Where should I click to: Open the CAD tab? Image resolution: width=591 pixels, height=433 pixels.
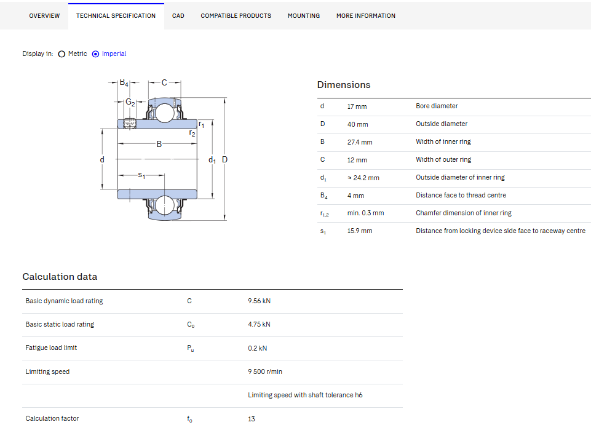[x=178, y=16]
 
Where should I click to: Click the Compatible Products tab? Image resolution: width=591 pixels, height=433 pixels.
[x=236, y=16]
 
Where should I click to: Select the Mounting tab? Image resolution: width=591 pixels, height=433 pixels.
[x=304, y=16]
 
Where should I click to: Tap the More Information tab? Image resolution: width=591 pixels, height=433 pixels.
[x=366, y=16]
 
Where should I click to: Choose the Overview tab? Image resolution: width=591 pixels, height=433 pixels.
[x=44, y=16]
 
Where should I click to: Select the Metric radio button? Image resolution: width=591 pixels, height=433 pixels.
[x=62, y=54]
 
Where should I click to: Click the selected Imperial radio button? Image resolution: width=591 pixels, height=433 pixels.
[x=96, y=54]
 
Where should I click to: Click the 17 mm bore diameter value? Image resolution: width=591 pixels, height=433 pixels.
[x=357, y=106]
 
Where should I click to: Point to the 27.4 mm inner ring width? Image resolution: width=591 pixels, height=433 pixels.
[x=360, y=142]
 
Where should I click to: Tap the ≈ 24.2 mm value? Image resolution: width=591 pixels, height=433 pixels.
[x=363, y=178]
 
